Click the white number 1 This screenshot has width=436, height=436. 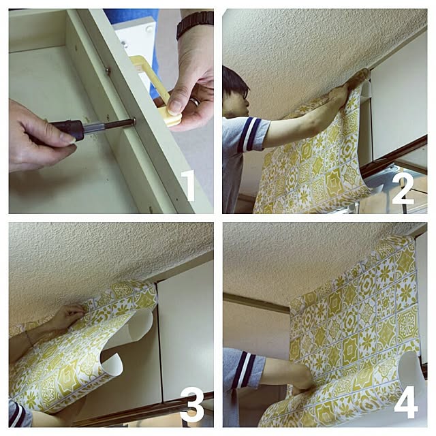pyautogui.click(x=189, y=185)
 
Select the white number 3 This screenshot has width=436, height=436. pyautogui.click(x=192, y=406)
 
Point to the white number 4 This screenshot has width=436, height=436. pyautogui.click(x=406, y=402)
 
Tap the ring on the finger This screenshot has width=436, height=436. pyautogui.click(x=196, y=102)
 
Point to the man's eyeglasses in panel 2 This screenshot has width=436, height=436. pyautogui.click(x=244, y=94)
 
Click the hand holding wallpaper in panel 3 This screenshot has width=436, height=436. pyautogui.click(x=67, y=315)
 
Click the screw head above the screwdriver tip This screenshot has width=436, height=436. pyautogui.click(x=107, y=72)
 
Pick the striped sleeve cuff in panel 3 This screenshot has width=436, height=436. pyautogui.click(x=17, y=411)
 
